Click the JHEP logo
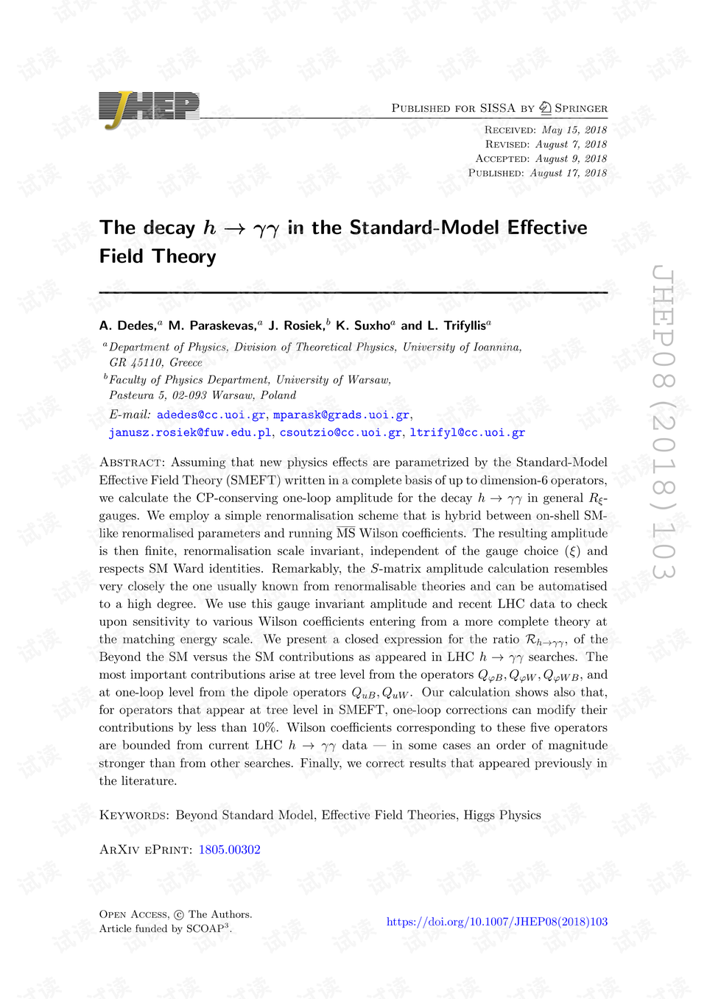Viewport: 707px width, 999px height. tap(149, 109)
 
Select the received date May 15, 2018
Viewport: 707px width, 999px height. tap(574, 130)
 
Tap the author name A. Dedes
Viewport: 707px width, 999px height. tap(127, 325)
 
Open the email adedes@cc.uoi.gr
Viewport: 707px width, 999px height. tap(211, 415)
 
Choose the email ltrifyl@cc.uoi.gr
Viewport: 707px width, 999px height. tap(467, 433)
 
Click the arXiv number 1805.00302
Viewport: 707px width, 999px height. tap(229, 850)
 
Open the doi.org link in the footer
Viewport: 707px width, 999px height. tap(496, 922)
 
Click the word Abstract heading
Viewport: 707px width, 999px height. tap(131, 462)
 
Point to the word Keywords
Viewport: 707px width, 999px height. tap(133, 815)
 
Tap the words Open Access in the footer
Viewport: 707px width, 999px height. tap(133, 914)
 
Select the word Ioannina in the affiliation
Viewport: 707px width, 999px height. tap(496, 347)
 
